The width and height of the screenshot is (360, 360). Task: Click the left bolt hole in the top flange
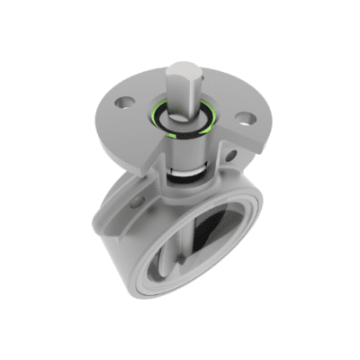pyautogui.click(x=124, y=102)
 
